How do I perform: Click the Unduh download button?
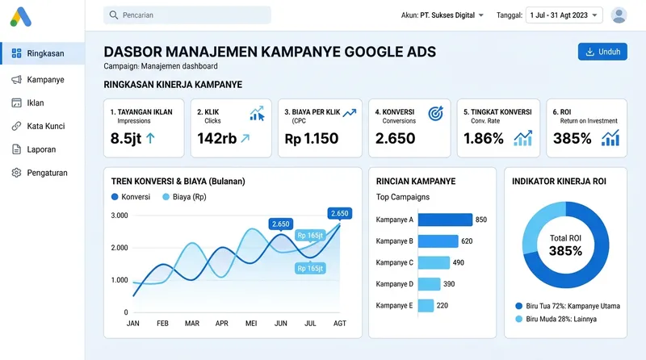[602, 52]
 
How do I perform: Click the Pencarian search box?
[187, 15]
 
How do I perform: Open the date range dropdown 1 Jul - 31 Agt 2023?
[564, 15]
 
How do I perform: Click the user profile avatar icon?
[619, 15]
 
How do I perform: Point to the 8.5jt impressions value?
[126, 138]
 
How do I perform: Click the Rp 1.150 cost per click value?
[312, 138]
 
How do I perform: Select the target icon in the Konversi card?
[435, 114]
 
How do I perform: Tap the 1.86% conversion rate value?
[484, 138]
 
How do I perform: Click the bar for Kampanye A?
[445, 220]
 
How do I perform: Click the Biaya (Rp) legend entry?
[183, 196]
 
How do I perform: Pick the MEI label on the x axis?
[251, 324]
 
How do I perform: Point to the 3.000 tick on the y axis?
[119, 216]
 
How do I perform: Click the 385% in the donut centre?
[565, 251]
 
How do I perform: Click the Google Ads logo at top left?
[21, 15]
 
